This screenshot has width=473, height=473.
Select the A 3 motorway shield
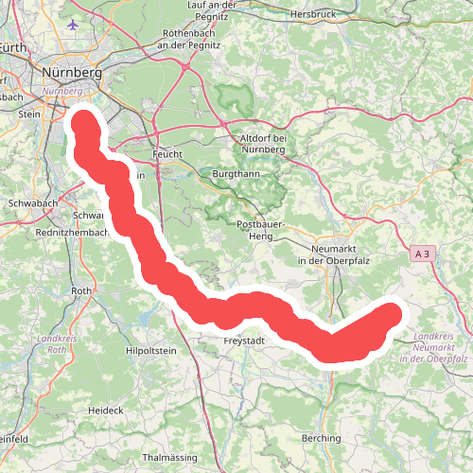(x=424, y=254)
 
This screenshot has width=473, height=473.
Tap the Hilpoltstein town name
(x=151, y=350)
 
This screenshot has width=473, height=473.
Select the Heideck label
(x=106, y=410)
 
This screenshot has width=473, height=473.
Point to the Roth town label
(x=82, y=291)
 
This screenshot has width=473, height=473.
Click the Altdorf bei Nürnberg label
(x=263, y=144)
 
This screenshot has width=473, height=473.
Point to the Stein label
(x=28, y=114)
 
